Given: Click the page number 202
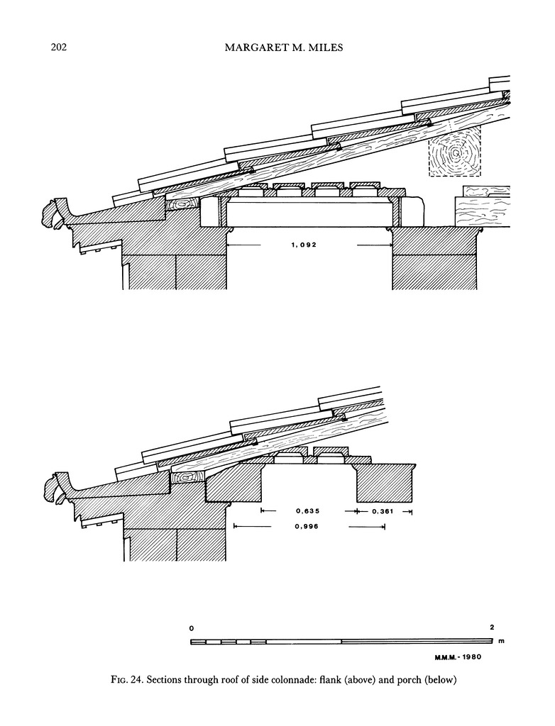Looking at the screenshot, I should [59, 48].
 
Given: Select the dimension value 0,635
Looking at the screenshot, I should [307, 510].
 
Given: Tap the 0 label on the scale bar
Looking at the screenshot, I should [192, 628].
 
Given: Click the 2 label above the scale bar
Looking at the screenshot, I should [491, 627].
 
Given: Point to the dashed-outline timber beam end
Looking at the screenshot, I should [454, 152].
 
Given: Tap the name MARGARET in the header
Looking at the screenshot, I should [254, 48].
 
